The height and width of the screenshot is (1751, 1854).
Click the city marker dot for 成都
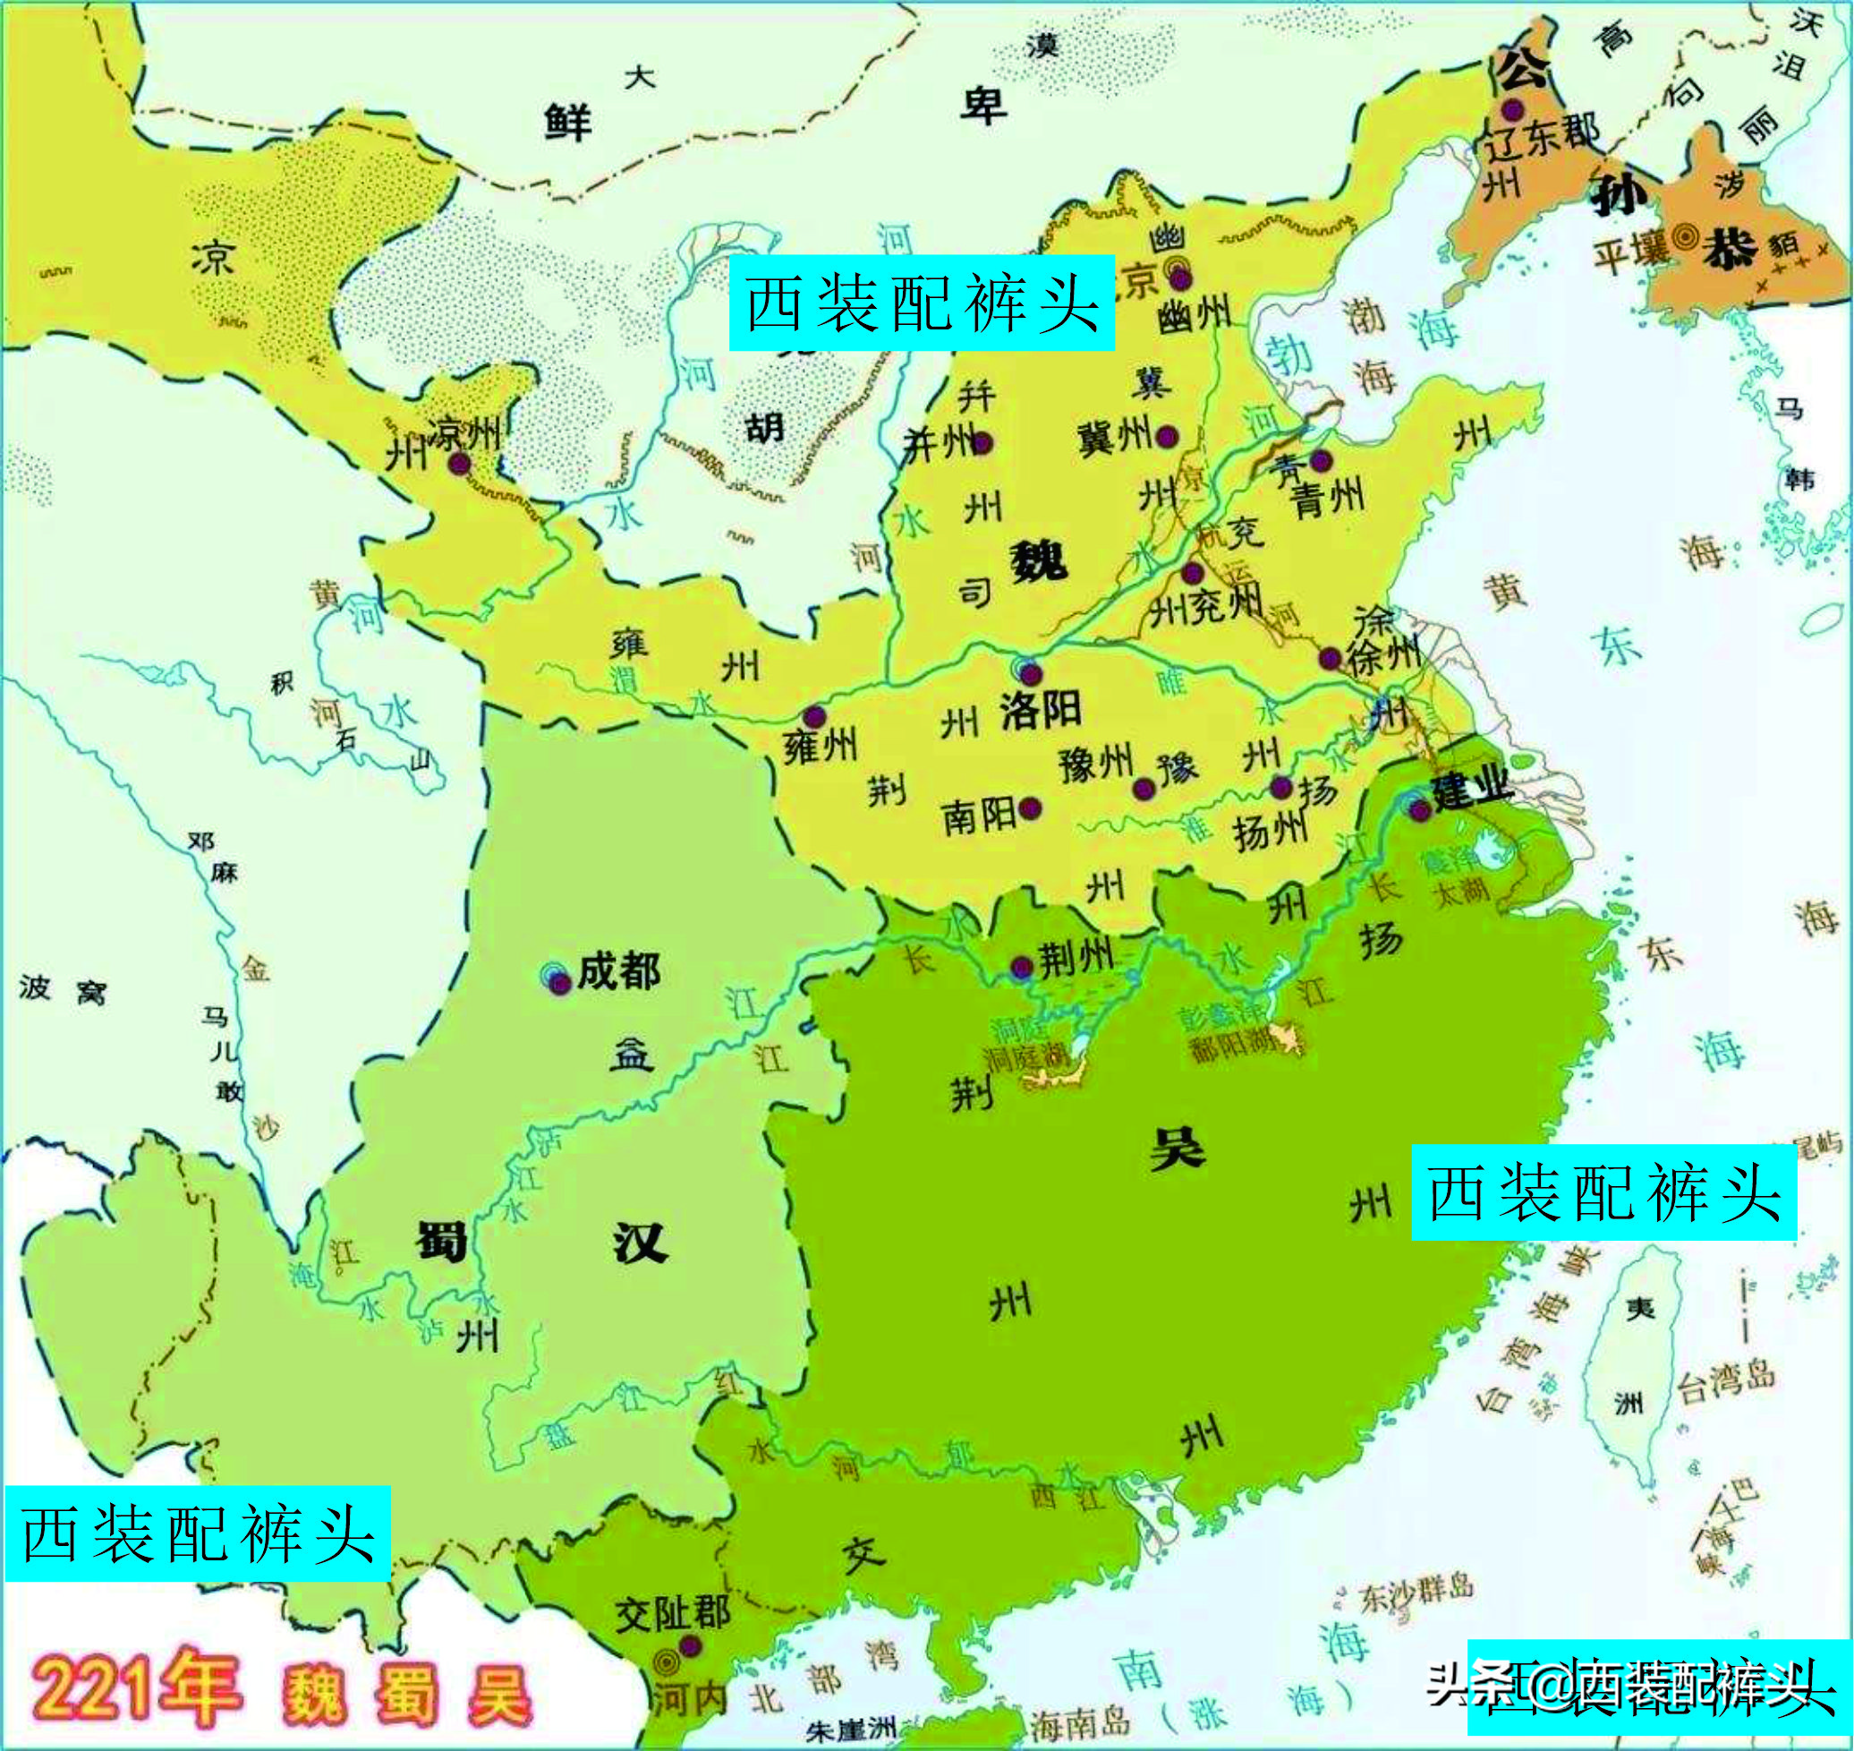[559, 982]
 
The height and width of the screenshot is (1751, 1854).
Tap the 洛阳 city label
[1042, 711]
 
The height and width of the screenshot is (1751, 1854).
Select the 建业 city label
[1471, 790]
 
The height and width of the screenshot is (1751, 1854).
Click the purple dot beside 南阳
[1030, 807]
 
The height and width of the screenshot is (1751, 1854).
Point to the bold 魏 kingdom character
[1038, 562]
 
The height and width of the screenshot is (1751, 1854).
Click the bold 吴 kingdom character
[1178, 1147]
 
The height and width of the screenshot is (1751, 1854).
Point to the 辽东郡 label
[1542, 138]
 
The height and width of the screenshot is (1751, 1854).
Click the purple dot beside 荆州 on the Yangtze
[1022, 967]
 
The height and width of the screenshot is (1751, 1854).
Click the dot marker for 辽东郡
[1512, 110]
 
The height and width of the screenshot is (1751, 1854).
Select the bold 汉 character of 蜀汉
[639, 1243]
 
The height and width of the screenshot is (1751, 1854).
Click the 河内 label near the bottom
[689, 1699]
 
